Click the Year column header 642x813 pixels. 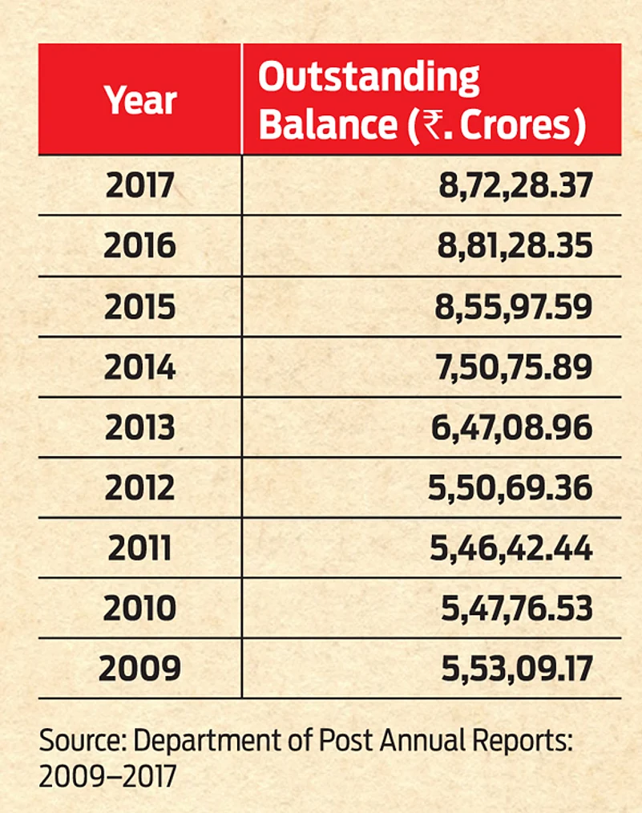click(x=140, y=101)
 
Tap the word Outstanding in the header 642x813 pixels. click(x=369, y=79)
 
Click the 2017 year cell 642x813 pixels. click(x=139, y=186)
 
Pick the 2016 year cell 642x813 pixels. click(x=139, y=246)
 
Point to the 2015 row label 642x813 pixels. click(x=139, y=307)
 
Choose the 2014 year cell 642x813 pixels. click(x=139, y=367)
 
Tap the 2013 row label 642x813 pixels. click(x=139, y=427)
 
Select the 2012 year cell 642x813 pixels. click(x=139, y=488)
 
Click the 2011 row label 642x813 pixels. click(x=139, y=548)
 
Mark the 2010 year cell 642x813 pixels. click(x=139, y=609)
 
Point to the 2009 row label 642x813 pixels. click(x=139, y=669)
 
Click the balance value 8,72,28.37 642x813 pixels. click(x=515, y=186)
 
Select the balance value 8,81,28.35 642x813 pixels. click(x=515, y=246)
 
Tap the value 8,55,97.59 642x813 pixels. click(x=515, y=307)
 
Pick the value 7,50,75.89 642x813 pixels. click(x=515, y=367)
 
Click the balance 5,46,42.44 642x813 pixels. click(x=511, y=548)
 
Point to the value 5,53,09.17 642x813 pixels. click(x=517, y=669)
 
